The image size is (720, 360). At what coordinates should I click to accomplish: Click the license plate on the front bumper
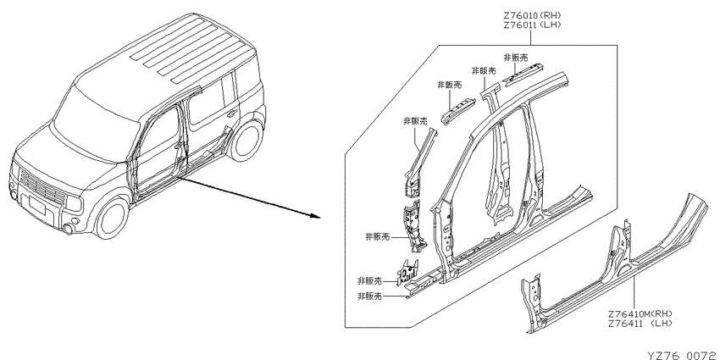36,207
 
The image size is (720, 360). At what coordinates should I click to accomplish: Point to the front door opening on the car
156,152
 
